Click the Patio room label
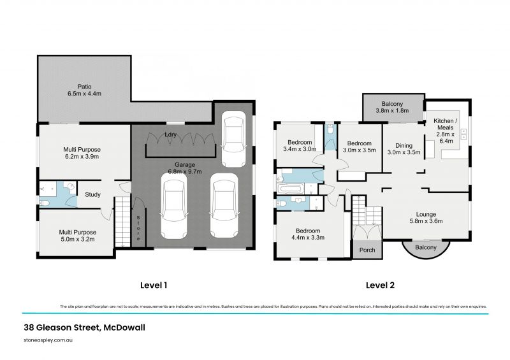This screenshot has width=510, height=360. pos(85,90)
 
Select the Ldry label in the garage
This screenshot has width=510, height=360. pos(170,135)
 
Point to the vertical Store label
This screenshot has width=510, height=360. pos(138,226)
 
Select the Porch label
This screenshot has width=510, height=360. pos(367,250)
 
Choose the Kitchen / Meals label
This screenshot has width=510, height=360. pos(445,131)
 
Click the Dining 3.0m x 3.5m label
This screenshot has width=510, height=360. pos(404,148)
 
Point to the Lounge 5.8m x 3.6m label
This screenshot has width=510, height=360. pos(426,218)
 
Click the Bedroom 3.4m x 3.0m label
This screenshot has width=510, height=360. pos(299,146)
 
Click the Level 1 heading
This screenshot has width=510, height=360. pos(153,285)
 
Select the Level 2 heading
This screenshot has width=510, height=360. pos(380,285)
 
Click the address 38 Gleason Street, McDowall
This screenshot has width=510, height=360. pos(83,328)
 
